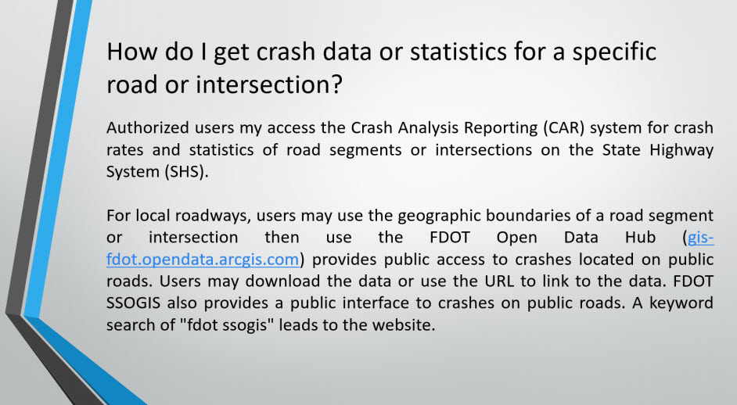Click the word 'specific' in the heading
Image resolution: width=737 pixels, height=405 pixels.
[x=613, y=52]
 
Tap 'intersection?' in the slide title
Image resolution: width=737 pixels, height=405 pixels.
[x=269, y=84]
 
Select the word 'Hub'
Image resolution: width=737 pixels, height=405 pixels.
[x=640, y=237]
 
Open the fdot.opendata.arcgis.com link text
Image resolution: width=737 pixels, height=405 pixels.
[x=203, y=260]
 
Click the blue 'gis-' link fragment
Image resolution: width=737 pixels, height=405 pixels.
[x=700, y=238]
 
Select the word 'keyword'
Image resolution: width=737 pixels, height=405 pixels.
[x=681, y=303]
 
